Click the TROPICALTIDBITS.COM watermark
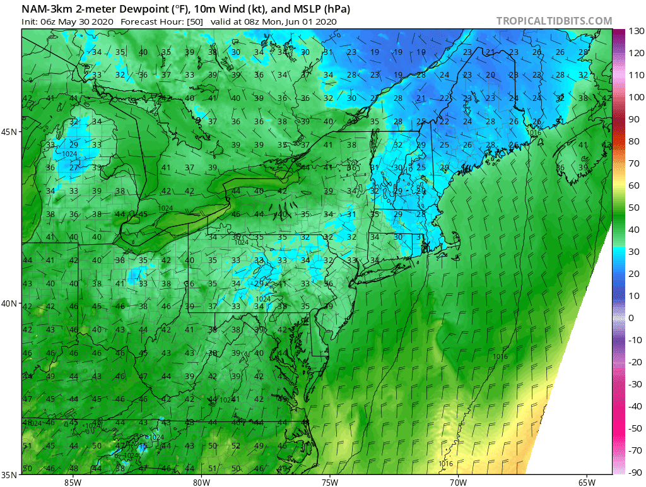(554, 21)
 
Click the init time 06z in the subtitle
(49, 21)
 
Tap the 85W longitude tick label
(73, 482)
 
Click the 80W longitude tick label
(201, 482)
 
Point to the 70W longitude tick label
(458, 482)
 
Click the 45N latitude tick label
(9, 132)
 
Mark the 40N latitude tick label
(9, 303)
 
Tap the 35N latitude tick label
(9, 475)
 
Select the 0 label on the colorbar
(631, 318)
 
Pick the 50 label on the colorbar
(633, 208)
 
